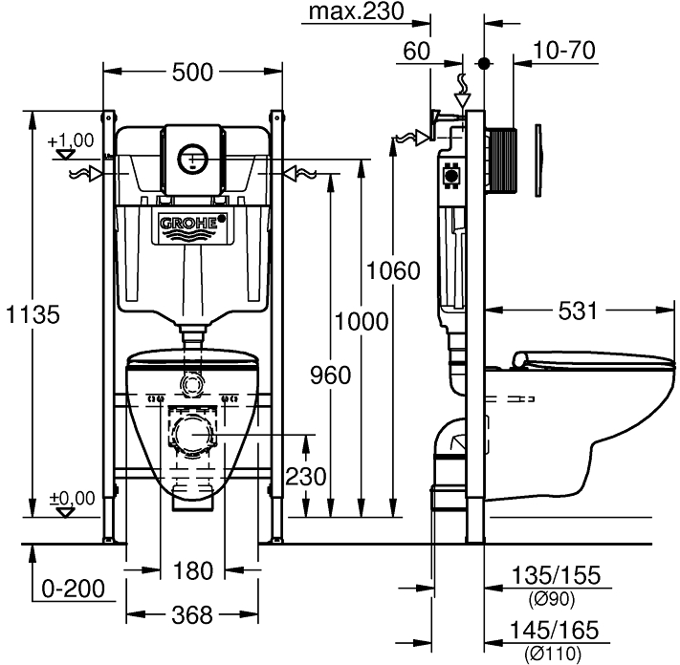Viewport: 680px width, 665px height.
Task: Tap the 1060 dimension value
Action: pyautogui.click(x=393, y=270)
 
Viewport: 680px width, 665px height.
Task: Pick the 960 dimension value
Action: pyautogui.click(x=331, y=375)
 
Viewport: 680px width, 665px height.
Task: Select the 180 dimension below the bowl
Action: pyautogui.click(x=194, y=571)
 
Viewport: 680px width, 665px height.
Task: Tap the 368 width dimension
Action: pyautogui.click(x=194, y=616)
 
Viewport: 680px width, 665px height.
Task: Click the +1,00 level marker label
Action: pyautogui.click(x=71, y=139)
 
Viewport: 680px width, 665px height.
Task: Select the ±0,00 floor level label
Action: pyautogui.click(x=72, y=498)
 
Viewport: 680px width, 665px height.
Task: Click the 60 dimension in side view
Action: pyautogui.click(x=417, y=50)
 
